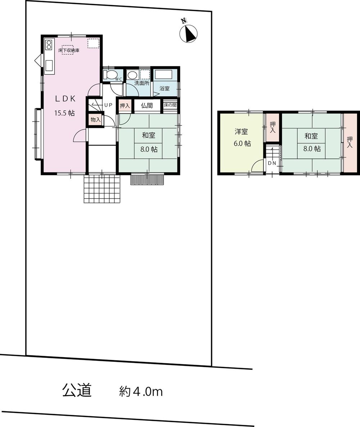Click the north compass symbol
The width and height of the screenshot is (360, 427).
pyautogui.click(x=188, y=33)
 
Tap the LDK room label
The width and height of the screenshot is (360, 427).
pyautogui.click(x=65, y=98)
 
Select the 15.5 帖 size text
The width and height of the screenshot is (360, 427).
pyautogui.click(x=64, y=113)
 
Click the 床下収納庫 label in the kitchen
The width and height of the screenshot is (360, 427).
pyautogui.click(x=69, y=51)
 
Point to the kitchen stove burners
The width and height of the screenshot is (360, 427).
pyautogui.click(x=49, y=44)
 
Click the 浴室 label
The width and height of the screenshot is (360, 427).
pyautogui.click(x=164, y=88)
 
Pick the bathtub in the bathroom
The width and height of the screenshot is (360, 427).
pyautogui.click(x=165, y=75)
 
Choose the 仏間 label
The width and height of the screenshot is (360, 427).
pyautogui.click(x=147, y=105)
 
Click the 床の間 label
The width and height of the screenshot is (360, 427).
pyautogui.click(x=170, y=105)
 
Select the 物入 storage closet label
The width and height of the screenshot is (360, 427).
pyautogui.click(x=95, y=119)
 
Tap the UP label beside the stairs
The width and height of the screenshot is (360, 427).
pyautogui.click(x=108, y=105)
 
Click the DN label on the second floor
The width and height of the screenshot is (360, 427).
pyautogui.click(x=272, y=163)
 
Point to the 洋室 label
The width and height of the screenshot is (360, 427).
pyautogui.click(x=242, y=132)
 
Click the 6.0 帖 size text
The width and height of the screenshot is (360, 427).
pyautogui.click(x=242, y=143)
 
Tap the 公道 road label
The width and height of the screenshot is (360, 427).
pyautogui.click(x=76, y=390)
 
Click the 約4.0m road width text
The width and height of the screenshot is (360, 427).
pyautogui.click(x=141, y=391)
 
